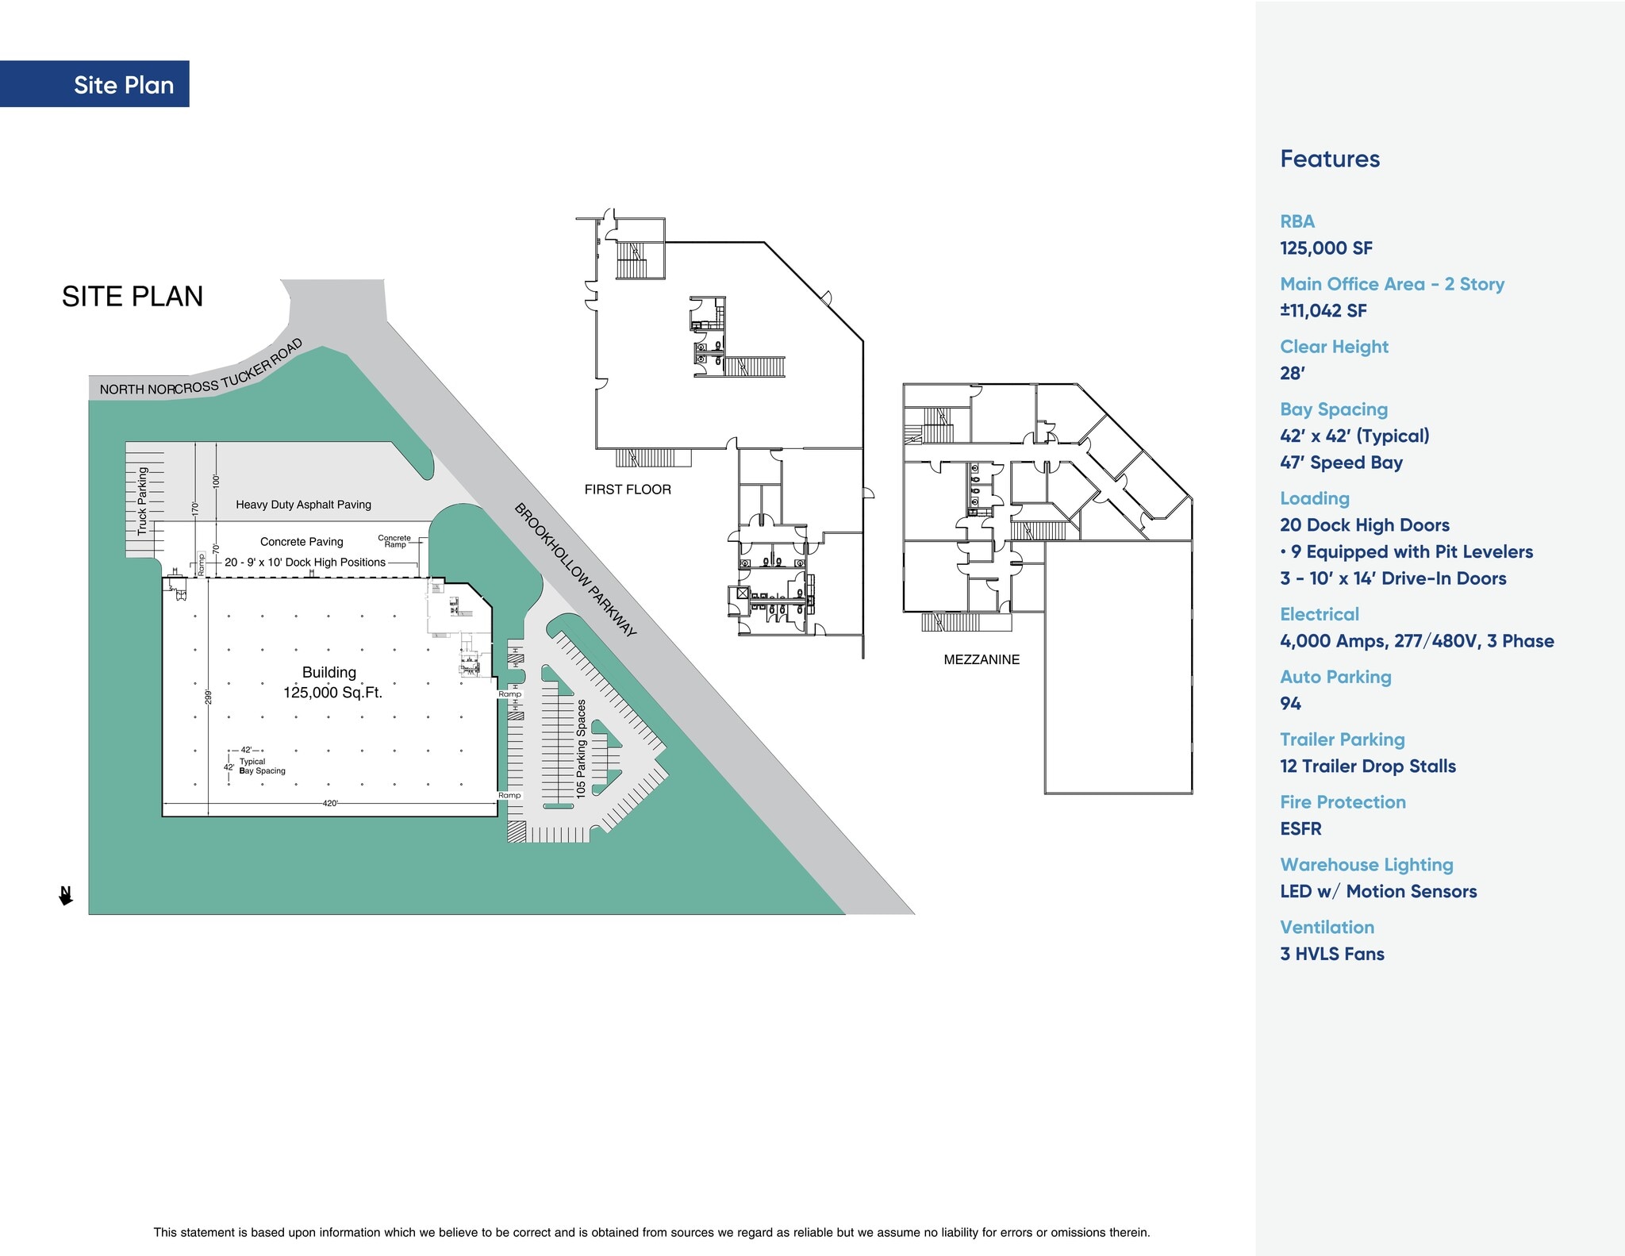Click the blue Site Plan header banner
click(x=95, y=84)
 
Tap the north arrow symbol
click(x=66, y=895)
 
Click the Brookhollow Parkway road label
click(x=575, y=569)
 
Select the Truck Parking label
click(x=143, y=501)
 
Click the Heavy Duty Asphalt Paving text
click(x=303, y=505)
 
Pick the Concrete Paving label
click(x=302, y=542)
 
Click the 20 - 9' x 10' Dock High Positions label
click(x=305, y=563)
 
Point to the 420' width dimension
click(x=330, y=804)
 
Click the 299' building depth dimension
click(x=209, y=697)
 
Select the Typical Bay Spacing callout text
click(x=262, y=766)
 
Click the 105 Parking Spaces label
click(x=581, y=748)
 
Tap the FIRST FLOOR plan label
click(x=628, y=490)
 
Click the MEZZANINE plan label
click(x=982, y=659)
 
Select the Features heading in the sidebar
click(x=1330, y=159)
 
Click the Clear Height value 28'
click(x=1293, y=373)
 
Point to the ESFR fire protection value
click(x=1300, y=828)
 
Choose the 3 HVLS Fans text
click(x=1331, y=954)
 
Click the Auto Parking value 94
click(x=1290, y=703)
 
